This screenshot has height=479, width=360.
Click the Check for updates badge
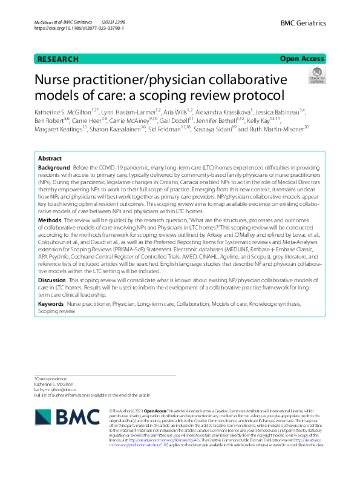[x=316, y=76]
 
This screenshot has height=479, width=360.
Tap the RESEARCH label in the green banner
[x=57, y=59]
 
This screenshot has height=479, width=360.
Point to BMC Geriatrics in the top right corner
[x=303, y=23]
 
